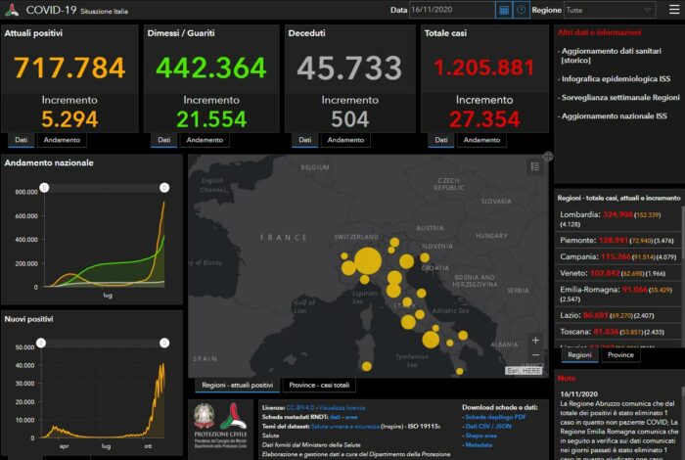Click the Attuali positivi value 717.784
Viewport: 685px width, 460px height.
tap(69, 68)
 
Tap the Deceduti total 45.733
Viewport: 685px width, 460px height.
tap(347, 68)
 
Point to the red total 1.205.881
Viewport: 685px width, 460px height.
tap(484, 68)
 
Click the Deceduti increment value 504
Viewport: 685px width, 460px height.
tap(347, 118)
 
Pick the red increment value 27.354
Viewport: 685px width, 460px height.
tap(484, 118)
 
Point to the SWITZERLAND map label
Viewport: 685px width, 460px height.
tap(356, 237)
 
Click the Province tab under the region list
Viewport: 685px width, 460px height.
tap(620, 355)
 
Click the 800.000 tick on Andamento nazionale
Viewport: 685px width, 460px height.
tap(25, 192)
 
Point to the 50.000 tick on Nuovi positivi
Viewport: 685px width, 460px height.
tap(23, 346)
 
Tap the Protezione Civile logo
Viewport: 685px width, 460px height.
tap(220, 423)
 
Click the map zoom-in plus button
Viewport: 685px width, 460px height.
tap(534, 341)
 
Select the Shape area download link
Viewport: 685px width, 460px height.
tap(483, 435)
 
